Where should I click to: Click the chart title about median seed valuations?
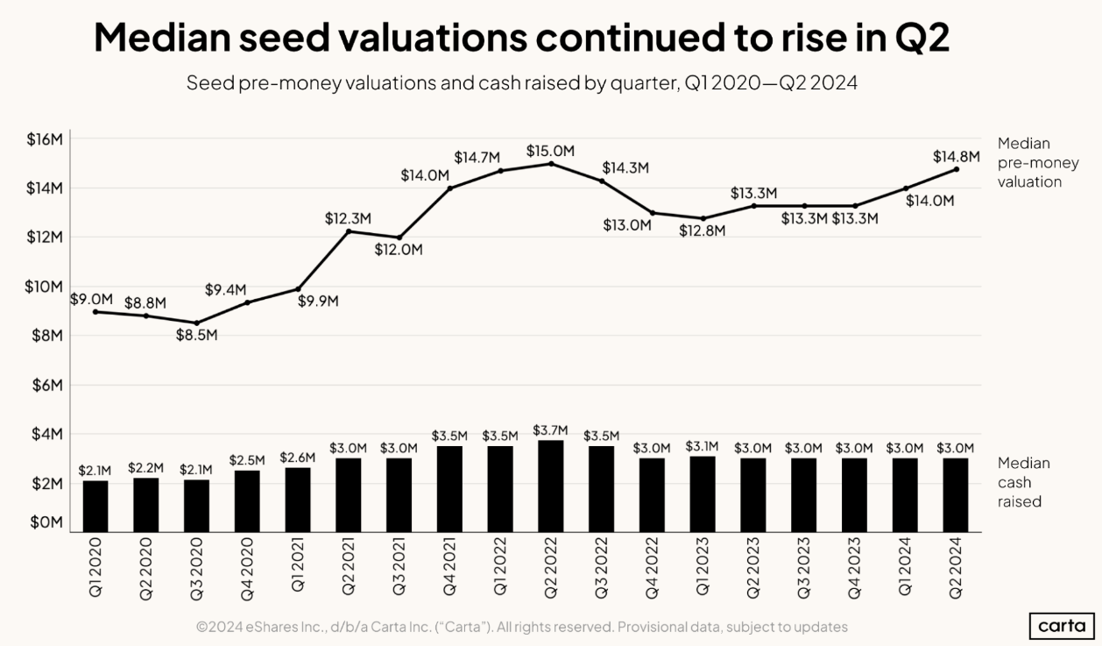point(521,39)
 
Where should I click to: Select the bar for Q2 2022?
point(550,486)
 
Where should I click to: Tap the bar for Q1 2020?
point(95,507)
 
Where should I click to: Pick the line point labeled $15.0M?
point(550,164)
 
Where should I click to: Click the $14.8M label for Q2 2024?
point(956,157)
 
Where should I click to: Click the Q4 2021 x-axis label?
point(449,568)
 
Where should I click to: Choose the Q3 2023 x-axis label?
point(803,568)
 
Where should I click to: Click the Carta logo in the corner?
point(1061,626)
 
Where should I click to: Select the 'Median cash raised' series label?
point(1023,482)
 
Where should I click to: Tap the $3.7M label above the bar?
point(550,430)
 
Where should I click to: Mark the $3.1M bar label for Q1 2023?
point(702,446)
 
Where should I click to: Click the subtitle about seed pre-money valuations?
point(521,84)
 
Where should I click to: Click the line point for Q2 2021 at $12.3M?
point(349,231)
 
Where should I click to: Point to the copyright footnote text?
point(521,627)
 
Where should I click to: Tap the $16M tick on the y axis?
point(44,139)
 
